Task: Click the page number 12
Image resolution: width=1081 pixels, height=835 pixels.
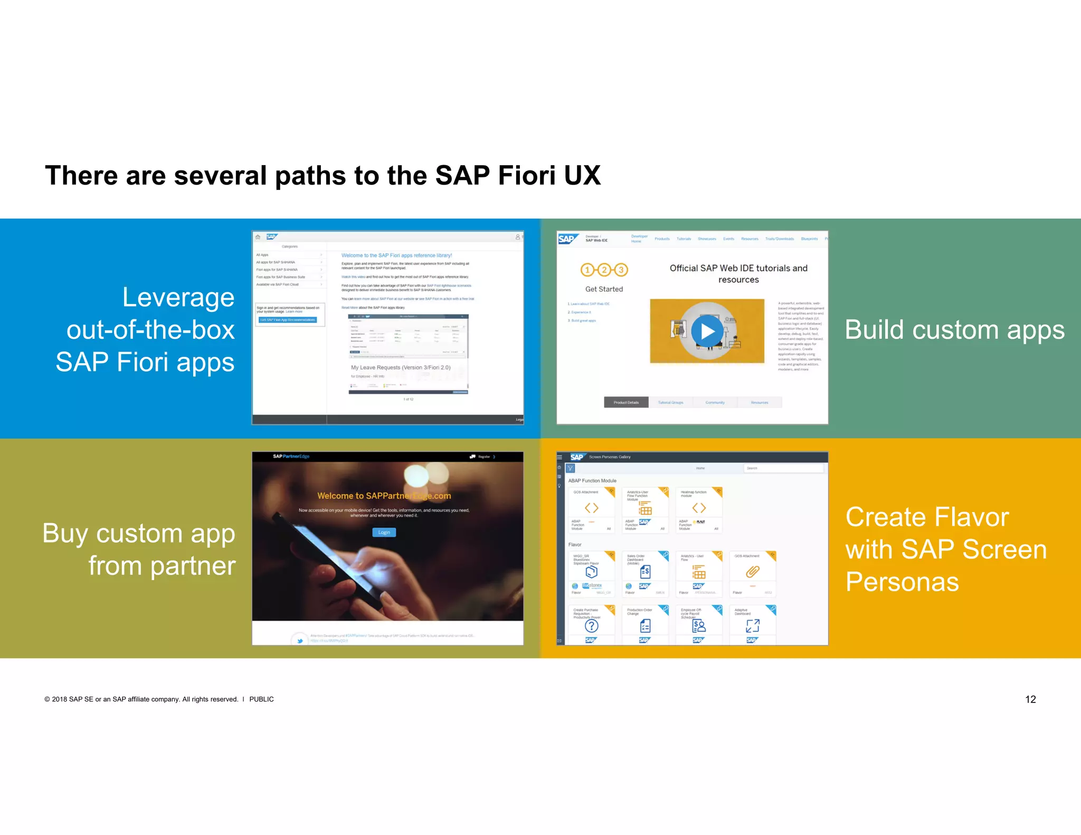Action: (1030, 699)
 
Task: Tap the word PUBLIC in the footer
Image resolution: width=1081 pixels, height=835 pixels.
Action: (261, 699)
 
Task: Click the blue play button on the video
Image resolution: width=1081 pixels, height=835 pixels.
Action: (707, 331)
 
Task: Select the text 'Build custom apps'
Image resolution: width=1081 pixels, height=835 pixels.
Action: (954, 330)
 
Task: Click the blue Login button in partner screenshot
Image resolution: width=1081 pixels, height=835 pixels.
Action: (384, 532)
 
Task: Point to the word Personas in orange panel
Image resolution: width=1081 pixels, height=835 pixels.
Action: (902, 582)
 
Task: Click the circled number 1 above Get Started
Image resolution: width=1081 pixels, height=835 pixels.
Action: (587, 270)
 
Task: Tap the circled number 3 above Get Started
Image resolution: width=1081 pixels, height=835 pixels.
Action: (621, 270)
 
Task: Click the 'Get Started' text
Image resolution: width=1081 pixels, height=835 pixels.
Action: (604, 289)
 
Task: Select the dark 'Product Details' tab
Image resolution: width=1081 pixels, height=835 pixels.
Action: (626, 402)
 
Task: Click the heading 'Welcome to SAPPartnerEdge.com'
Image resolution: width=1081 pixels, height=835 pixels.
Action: (384, 496)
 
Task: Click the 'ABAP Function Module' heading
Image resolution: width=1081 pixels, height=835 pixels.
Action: (592, 481)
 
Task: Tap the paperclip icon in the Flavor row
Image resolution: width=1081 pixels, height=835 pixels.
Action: (752, 572)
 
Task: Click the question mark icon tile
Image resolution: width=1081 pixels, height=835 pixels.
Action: (592, 626)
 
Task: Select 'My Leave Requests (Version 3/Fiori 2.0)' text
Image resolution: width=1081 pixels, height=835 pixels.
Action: (401, 367)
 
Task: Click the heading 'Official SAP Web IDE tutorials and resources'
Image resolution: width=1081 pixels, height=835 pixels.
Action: (738, 274)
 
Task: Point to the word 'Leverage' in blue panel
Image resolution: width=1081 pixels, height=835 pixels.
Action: (178, 297)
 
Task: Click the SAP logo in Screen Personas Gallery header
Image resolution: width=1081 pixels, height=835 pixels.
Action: (576, 457)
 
